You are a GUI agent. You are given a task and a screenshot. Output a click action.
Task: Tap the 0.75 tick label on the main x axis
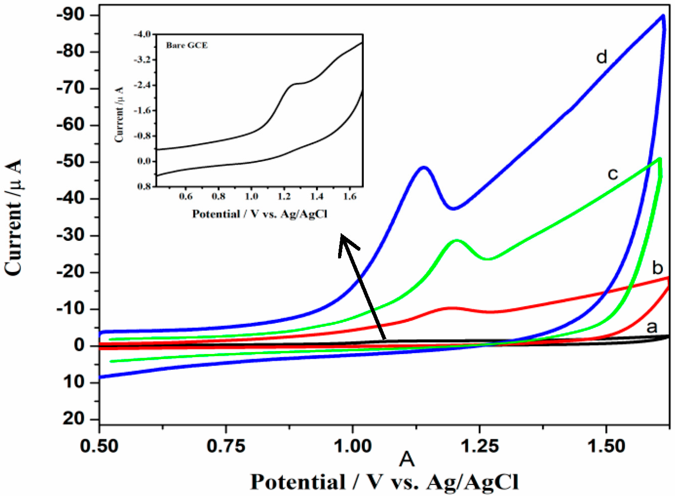pos(226,447)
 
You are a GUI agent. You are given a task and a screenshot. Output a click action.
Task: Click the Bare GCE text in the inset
pos(187,45)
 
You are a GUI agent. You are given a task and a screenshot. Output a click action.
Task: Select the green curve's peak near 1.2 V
pos(457,240)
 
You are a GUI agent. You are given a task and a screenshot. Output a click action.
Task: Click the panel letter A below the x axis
pos(407,460)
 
